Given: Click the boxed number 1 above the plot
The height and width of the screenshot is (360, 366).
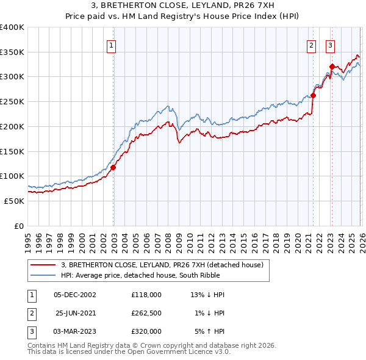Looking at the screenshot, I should (x=112, y=45).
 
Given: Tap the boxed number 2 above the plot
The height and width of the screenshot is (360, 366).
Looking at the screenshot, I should (x=311, y=45).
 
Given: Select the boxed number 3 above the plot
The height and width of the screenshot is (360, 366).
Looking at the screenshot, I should (x=330, y=45).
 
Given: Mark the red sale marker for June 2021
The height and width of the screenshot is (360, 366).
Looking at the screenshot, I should (x=313, y=95).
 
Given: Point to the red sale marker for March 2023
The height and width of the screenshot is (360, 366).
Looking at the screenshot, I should (x=331, y=67).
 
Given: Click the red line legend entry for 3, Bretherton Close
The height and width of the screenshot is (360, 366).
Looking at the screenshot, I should (x=162, y=265).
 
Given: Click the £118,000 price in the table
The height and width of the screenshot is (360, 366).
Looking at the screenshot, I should (x=146, y=295).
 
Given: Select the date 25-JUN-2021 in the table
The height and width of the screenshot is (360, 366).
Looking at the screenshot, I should (x=74, y=313).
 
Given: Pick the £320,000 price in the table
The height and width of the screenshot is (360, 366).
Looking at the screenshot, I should (x=146, y=331).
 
